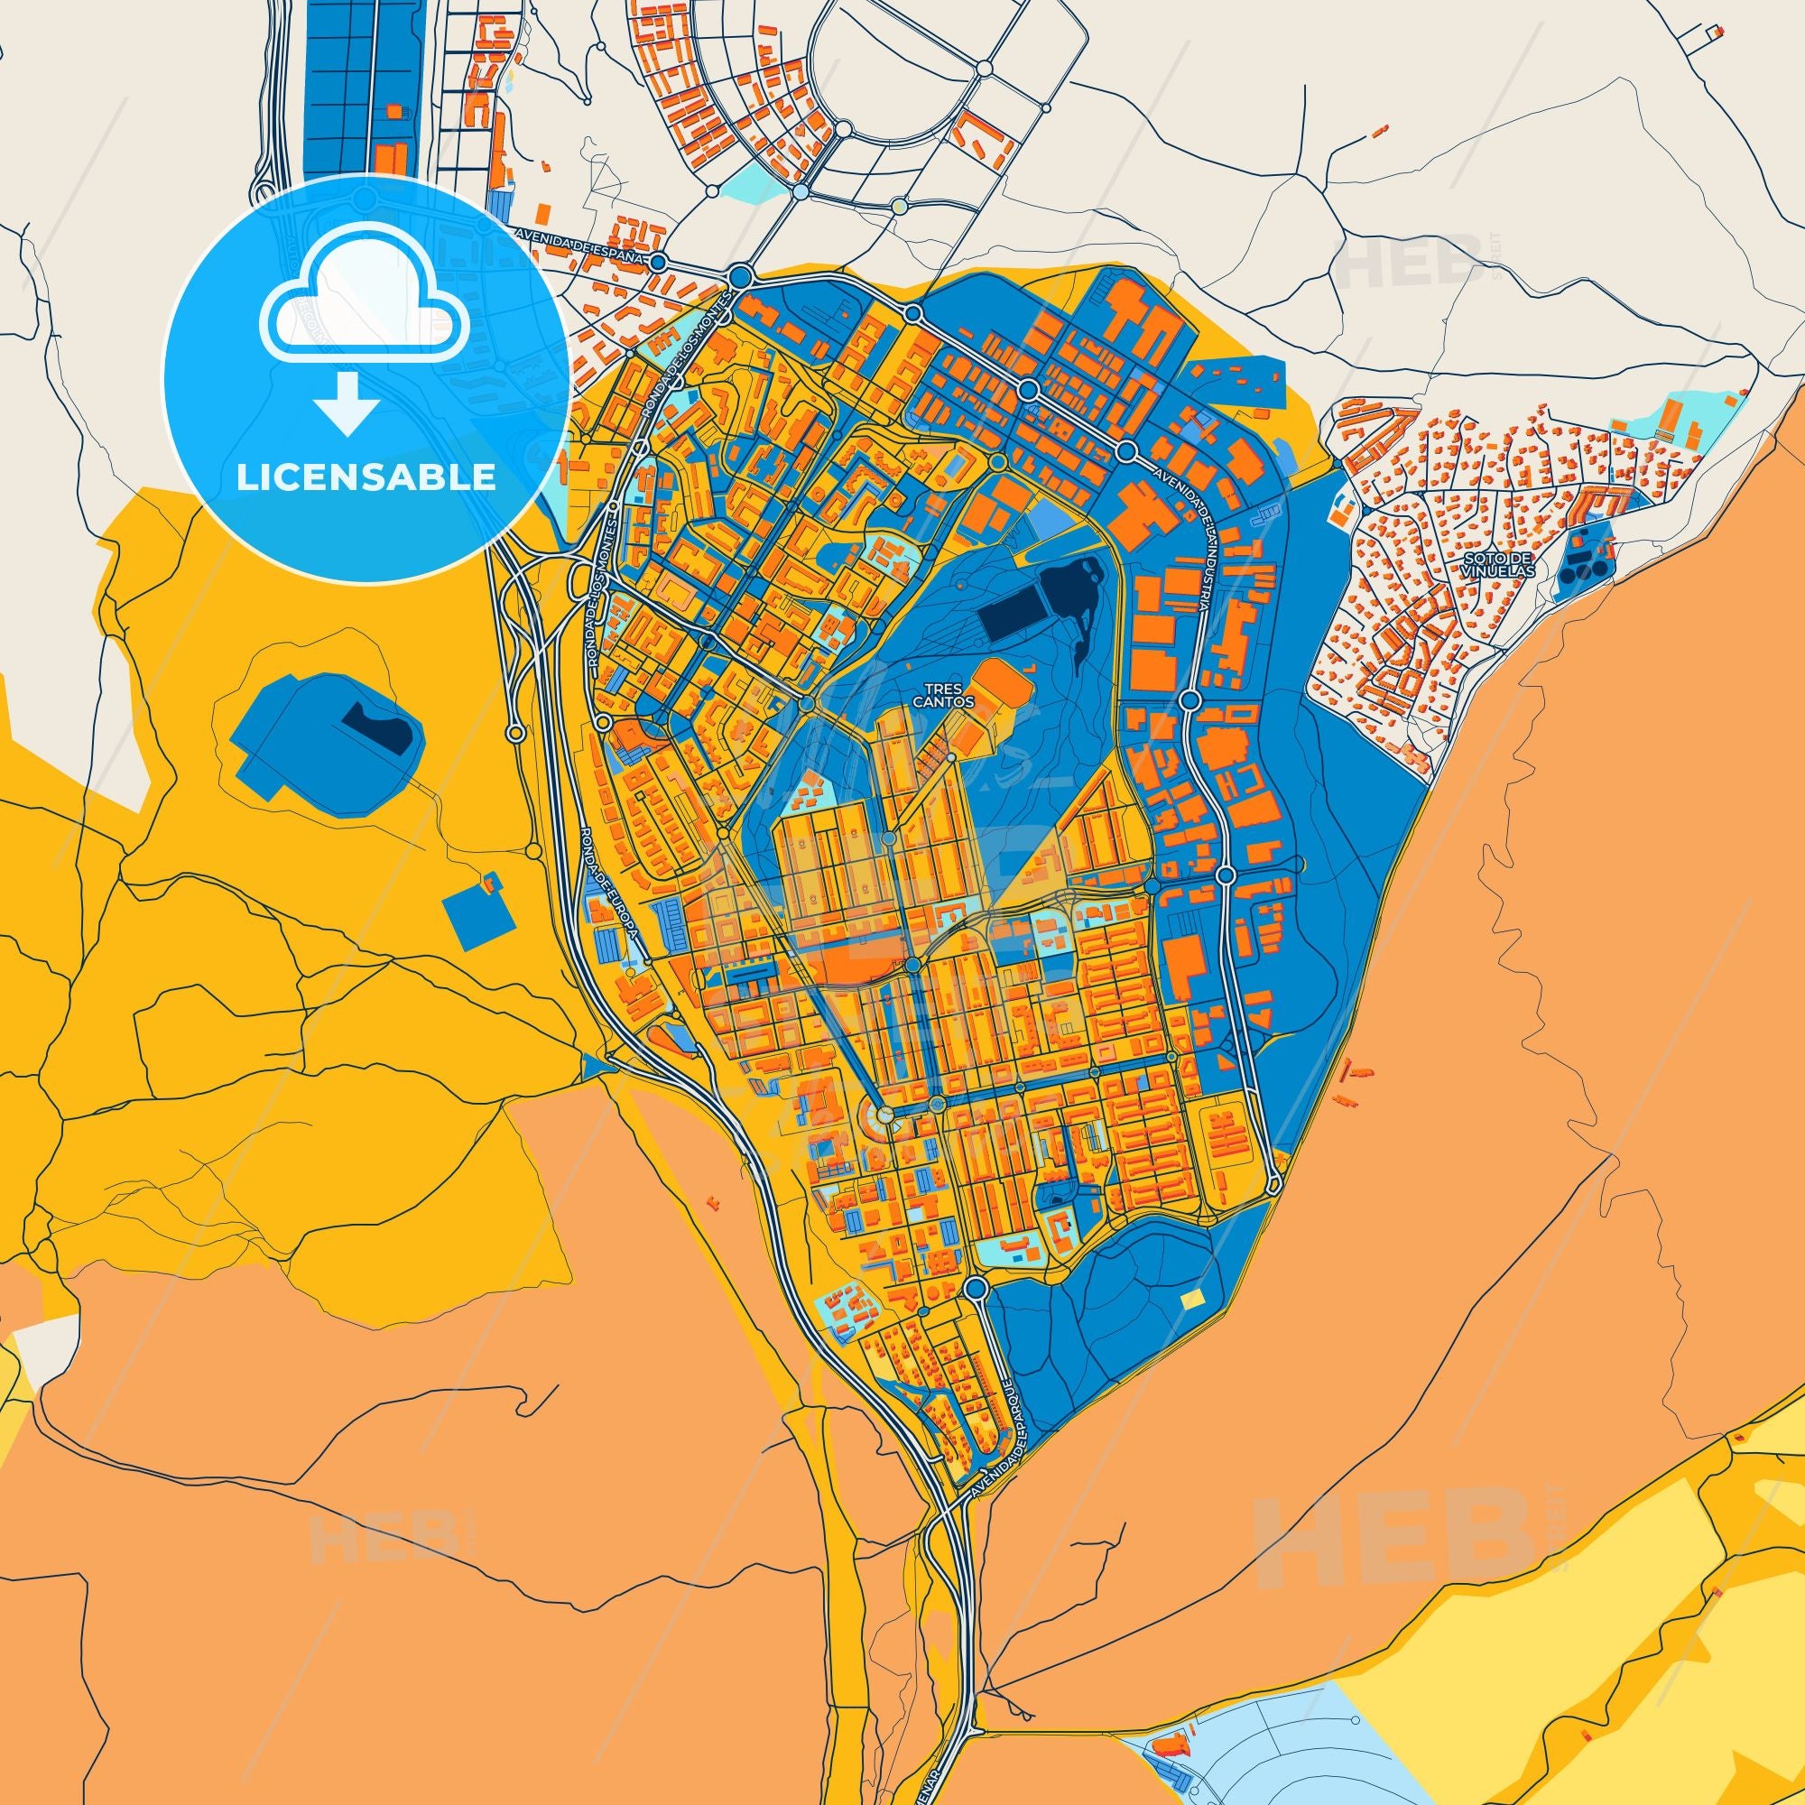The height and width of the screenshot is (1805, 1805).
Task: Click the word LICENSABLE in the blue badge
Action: pyautogui.click(x=366, y=477)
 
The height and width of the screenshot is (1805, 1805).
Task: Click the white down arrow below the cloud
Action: pyautogui.click(x=346, y=403)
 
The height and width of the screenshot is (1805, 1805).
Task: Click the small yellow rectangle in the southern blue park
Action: pyautogui.click(x=1193, y=1301)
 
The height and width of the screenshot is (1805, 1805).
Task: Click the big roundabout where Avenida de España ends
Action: pyautogui.click(x=741, y=276)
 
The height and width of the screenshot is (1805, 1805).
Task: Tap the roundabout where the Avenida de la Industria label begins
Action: pyautogui.click(x=1126, y=452)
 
